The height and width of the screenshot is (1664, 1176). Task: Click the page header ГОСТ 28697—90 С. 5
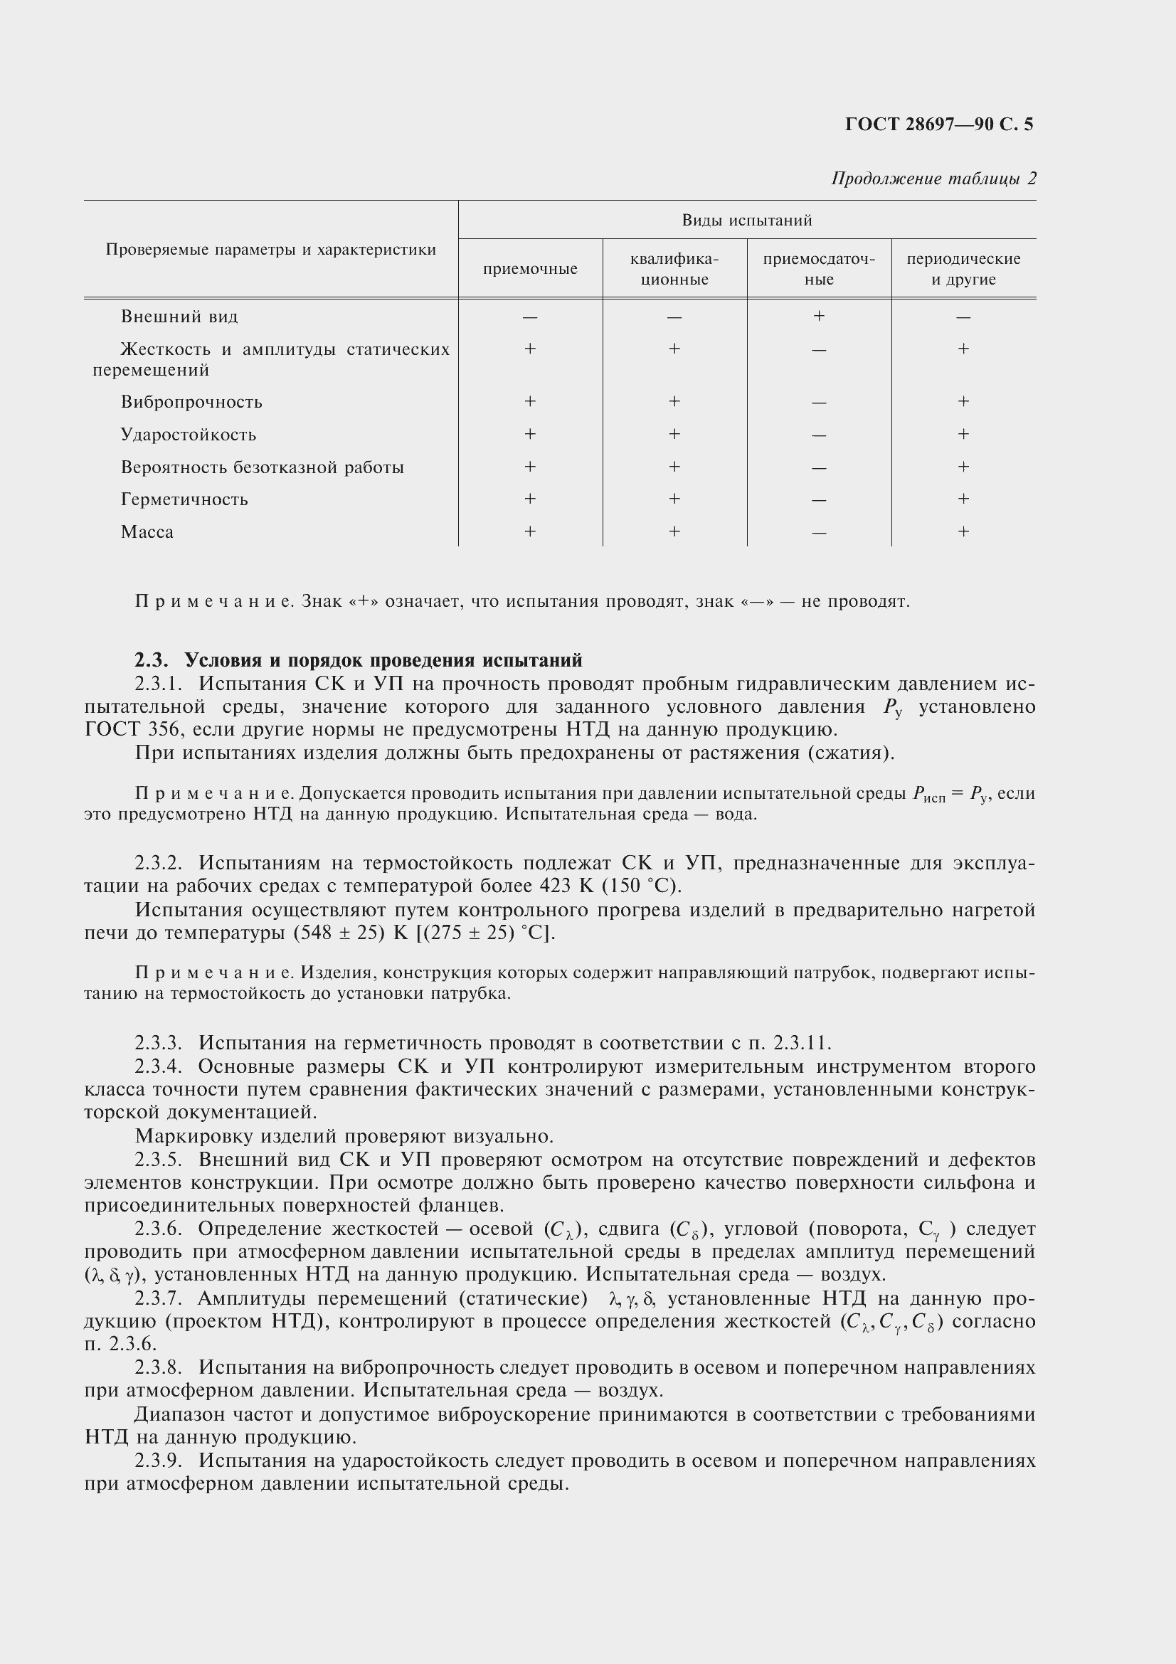[x=938, y=124]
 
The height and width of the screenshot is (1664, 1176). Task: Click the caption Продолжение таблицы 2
[x=933, y=179]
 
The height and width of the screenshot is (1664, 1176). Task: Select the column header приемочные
[x=530, y=269]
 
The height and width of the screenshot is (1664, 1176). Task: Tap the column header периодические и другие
[x=963, y=269]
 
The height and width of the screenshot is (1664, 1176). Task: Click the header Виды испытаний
[x=746, y=221]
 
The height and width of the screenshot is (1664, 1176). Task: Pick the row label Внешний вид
[x=179, y=317]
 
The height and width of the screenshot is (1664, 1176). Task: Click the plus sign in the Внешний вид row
[x=819, y=316]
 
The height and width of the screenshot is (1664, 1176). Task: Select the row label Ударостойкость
[x=189, y=435]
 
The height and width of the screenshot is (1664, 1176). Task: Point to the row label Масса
[x=147, y=532]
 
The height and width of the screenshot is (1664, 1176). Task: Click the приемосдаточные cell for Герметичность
[x=819, y=500]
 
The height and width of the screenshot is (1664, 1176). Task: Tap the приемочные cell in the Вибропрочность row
[x=530, y=401]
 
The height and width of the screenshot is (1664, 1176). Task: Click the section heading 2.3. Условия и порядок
[x=359, y=660]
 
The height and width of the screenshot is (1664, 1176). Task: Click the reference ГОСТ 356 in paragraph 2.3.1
[x=130, y=729]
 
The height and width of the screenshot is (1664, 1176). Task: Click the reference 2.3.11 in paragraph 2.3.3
[x=800, y=1043]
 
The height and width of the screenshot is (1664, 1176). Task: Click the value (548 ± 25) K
[x=352, y=932]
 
